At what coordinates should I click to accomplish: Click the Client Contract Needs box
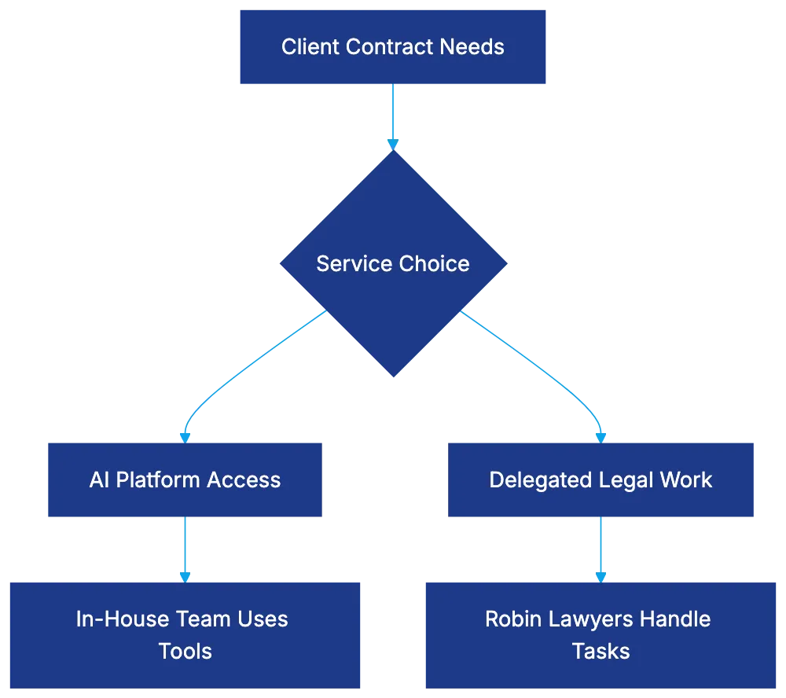click(x=392, y=47)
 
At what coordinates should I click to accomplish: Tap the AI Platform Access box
click(x=185, y=480)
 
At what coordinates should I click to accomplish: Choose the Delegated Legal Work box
click(x=601, y=480)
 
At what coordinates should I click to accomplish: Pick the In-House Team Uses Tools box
click(x=185, y=634)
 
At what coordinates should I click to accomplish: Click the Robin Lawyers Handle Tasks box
click(x=601, y=634)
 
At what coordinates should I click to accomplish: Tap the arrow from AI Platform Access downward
click(x=185, y=549)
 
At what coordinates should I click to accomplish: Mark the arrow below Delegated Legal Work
click(x=601, y=549)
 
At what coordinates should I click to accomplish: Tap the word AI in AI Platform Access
click(x=99, y=480)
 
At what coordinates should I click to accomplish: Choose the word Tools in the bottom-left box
click(x=185, y=651)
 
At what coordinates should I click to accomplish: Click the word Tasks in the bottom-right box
click(x=601, y=651)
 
